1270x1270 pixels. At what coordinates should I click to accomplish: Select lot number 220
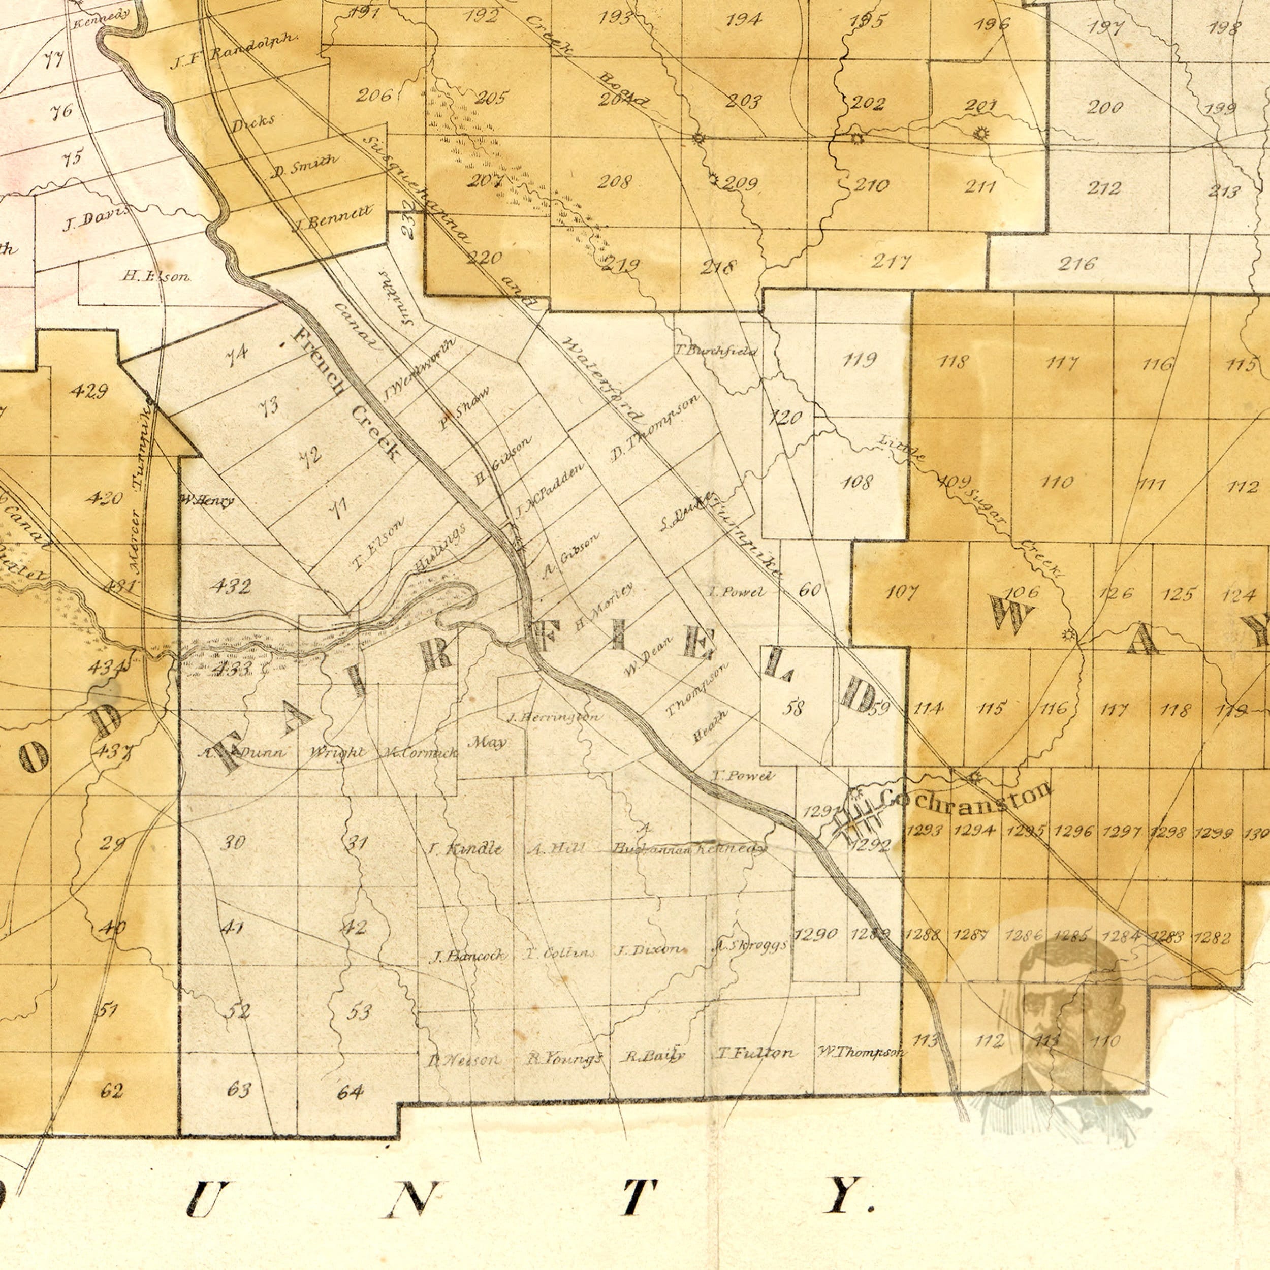485,257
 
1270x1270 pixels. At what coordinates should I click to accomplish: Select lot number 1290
815,934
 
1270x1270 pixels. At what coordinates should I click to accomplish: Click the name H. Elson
156,277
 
